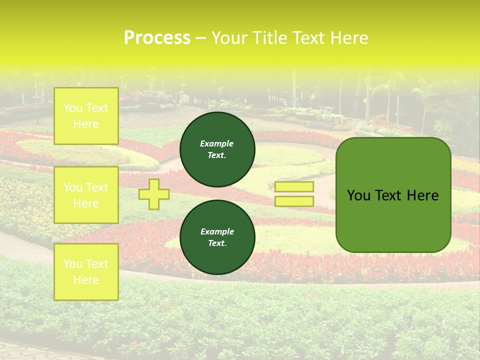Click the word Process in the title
(157, 38)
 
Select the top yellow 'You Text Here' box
(86, 116)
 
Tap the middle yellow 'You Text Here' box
(86, 195)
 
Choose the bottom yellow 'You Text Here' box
(86, 271)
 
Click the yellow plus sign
(154, 194)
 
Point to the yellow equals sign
(294, 194)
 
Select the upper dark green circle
(217, 149)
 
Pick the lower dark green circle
(217, 237)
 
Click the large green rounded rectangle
(393, 195)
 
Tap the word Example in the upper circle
(217, 143)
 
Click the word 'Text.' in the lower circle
(217, 243)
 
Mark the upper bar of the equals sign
(294, 187)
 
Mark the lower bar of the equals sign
(294, 201)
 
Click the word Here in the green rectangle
(422, 195)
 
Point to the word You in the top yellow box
(73, 108)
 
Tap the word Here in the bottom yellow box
(86, 280)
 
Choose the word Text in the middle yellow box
(96, 187)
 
